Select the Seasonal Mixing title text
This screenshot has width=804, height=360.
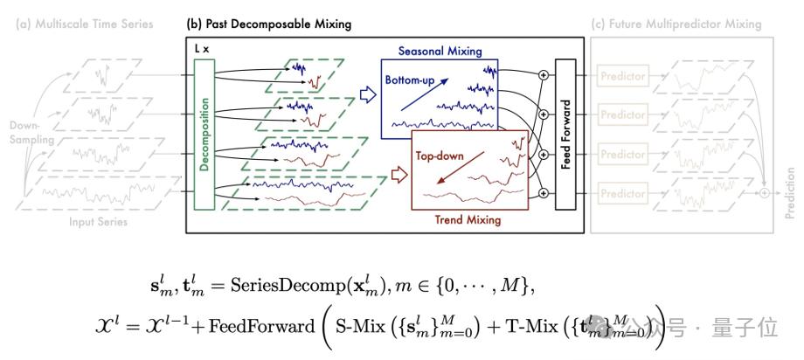(440, 52)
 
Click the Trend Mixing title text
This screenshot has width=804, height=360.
(468, 220)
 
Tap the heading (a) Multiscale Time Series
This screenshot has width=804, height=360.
(86, 24)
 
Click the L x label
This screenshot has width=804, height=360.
(200, 51)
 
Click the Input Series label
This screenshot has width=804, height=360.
(98, 222)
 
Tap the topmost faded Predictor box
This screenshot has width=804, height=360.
(623, 77)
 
